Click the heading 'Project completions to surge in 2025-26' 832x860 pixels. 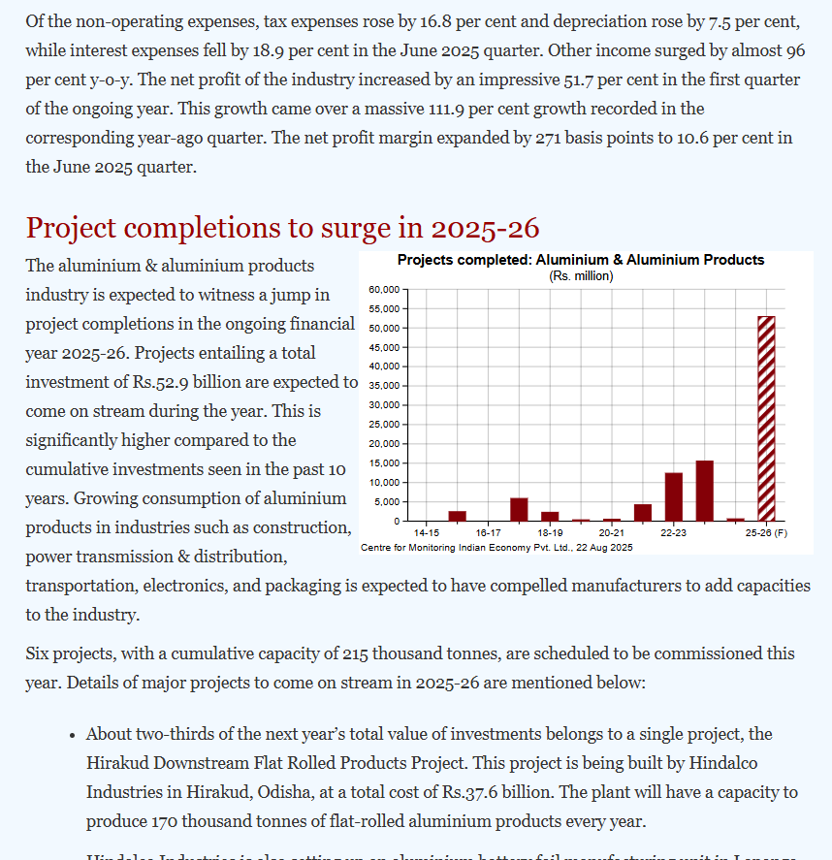coord(281,228)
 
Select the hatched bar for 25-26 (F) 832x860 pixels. coord(766,418)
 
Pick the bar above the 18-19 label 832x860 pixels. coord(550,516)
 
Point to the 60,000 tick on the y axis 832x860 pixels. coord(384,289)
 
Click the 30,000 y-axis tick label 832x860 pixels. coord(384,405)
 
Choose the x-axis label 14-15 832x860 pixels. coord(427,533)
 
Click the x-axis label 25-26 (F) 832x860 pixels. coord(766,533)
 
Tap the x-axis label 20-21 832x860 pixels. coord(611,533)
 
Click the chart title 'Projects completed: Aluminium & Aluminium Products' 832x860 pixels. coord(581,260)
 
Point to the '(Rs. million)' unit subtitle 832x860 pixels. coord(581,276)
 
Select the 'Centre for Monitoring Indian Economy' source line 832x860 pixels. coord(496,548)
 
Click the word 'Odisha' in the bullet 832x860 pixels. coord(283,792)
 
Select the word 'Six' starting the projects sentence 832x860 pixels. coord(38,653)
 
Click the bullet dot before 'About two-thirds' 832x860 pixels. coord(73,735)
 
